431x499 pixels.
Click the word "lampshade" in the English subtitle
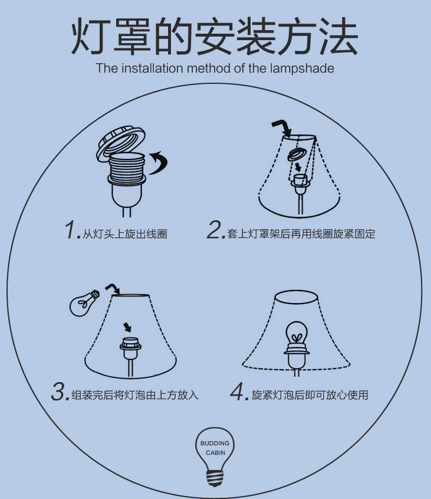(302, 69)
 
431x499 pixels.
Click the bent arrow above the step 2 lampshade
(282, 128)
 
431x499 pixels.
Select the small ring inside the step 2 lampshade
(298, 155)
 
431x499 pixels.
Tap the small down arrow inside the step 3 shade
(127, 327)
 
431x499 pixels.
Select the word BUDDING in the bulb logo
(215, 443)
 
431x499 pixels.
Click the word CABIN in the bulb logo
(215, 452)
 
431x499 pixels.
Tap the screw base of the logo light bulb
(215, 477)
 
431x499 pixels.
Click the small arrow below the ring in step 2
(298, 167)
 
